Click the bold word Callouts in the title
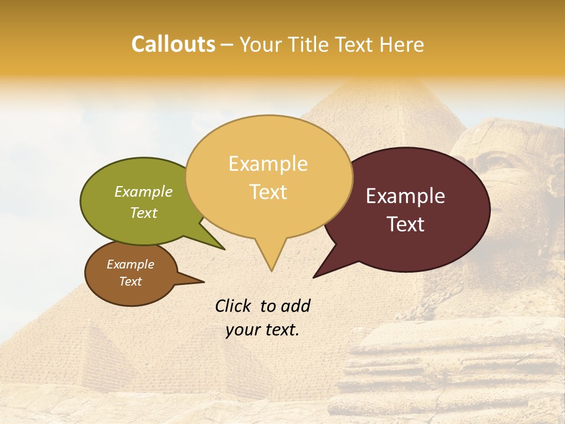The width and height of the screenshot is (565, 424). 173,45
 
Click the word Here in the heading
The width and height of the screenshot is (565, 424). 402,45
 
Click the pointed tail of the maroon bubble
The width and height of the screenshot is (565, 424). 315,276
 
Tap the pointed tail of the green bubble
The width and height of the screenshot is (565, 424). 224,249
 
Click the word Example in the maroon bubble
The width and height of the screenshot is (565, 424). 406,196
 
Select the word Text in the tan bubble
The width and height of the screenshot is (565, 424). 268,192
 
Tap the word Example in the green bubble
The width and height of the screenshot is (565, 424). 144,192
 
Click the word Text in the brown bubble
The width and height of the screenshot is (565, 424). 131,281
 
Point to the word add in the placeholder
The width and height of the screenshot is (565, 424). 295,306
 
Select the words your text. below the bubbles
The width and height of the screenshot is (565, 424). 262,330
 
